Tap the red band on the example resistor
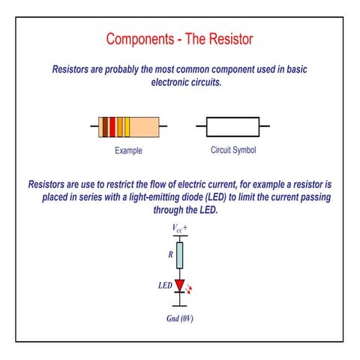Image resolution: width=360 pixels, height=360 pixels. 112,127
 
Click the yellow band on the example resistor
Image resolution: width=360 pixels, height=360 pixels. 127,127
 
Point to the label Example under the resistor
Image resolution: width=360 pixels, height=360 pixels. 128,151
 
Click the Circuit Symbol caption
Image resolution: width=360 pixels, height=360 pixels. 233,150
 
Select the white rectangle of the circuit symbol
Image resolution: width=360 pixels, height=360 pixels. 232,127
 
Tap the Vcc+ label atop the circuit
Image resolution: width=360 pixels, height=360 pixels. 179,226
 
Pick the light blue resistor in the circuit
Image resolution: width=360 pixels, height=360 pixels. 179,255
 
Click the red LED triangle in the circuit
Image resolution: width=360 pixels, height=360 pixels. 179,285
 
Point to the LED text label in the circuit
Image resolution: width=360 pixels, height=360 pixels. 165,286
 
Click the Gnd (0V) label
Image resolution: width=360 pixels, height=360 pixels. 179,318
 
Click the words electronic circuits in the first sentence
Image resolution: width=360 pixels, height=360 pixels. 187,82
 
